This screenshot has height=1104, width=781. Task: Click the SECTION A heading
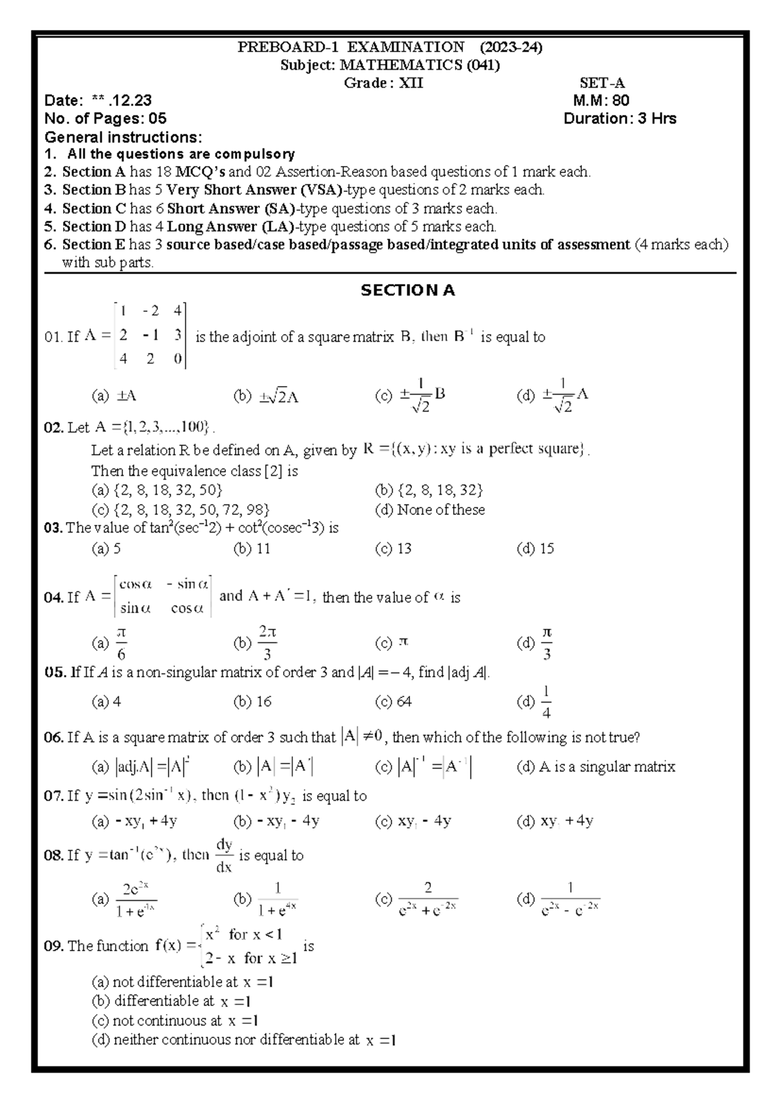pyautogui.click(x=407, y=291)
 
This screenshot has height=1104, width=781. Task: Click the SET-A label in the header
pyautogui.click(x=602, y=83)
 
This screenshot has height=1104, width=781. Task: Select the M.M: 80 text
pyautogui.click(x=601, y=100)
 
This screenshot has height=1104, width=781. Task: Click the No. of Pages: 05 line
pyautogui.click(x=105, y=118)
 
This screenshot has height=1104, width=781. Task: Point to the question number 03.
pyautogui.click(x=53, y=528)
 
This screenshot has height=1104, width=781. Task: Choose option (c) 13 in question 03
pyautogui.click(x=394, y=549)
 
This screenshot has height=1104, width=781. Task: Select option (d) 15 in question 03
pyautogui.click(x=535, y=549)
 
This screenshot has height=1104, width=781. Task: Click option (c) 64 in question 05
pyautogui.click(x=394, y=702)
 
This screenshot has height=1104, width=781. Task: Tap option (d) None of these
pyautogui.click(x=430, y=510)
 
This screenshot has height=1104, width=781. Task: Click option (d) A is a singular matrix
pyautogui.click(x=596, y=767)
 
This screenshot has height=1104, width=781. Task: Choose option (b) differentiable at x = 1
pyautogui.click(x=172, y=1001)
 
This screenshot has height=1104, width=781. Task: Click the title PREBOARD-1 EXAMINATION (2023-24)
pyautogui.click(x=390, y=47)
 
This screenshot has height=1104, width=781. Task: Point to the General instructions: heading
pyautogui.click(x=123, y=137)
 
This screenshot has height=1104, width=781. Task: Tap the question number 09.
pyautogui.click(x=53, y=946)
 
